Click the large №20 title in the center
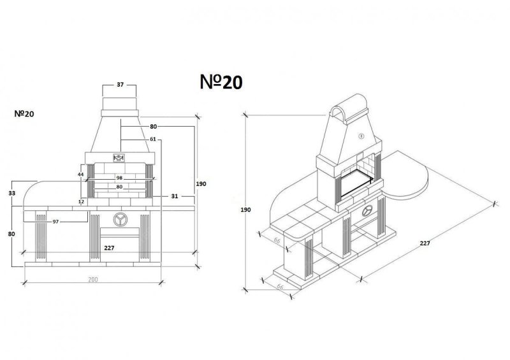[221, 82]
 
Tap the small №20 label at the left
[24, 114]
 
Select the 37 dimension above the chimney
[120, 85]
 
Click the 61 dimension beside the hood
[153, 139]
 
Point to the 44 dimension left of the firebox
[81, 175]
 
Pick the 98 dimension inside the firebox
[119, 178]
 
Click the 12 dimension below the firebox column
[82, 201]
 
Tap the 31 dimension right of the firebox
[175, 196]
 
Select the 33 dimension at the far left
[11, 193]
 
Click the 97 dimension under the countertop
[55, 222]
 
